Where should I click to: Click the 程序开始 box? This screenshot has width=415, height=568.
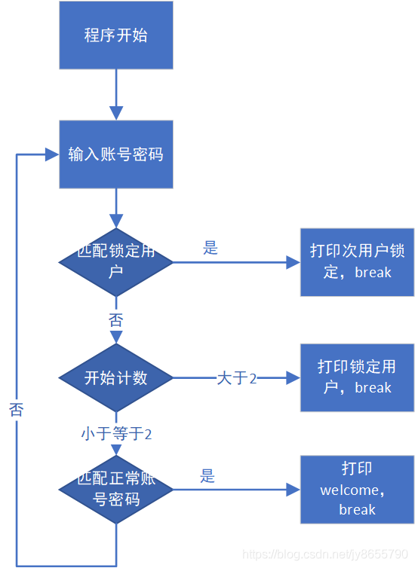click(x=116, y=35)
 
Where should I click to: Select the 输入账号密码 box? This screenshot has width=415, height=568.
click(x=116, y=154)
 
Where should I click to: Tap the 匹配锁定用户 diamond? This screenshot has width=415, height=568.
click(x=116, y=261)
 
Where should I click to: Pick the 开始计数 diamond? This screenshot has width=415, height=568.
click(x=116, y=377)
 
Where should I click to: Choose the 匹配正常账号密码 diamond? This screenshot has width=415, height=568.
click(x=116, y=489)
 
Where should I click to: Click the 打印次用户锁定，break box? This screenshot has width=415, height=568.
click(x=357, y=261)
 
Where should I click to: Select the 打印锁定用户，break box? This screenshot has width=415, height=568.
click(x=357, y=377)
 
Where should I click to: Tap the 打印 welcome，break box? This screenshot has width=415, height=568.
click(x=357, y=489)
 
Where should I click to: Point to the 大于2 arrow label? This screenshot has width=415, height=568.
click(x=237, y=378)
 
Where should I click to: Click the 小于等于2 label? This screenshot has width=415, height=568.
click(x=116, y=434)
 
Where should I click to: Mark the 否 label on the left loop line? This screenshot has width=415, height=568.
click(x=16, y=410)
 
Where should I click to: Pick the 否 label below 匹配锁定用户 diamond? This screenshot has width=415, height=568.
click(x=116, y=320)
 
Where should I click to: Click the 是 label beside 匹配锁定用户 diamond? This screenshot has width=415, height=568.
click(x=211, y=248)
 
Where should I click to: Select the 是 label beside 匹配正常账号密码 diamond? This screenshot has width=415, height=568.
click(x=207, y=475)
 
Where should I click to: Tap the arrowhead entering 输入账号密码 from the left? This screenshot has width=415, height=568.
click(x=52, y=154)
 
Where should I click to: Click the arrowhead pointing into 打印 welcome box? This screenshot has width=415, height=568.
click(x=293, y=490)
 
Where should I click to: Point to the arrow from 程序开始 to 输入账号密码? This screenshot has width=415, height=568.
click(x=116, y=94)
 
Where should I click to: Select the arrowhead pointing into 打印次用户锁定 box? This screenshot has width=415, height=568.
click(x=293, y=262)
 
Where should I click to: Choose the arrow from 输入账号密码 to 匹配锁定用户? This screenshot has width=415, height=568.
click(x=116, y=207)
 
